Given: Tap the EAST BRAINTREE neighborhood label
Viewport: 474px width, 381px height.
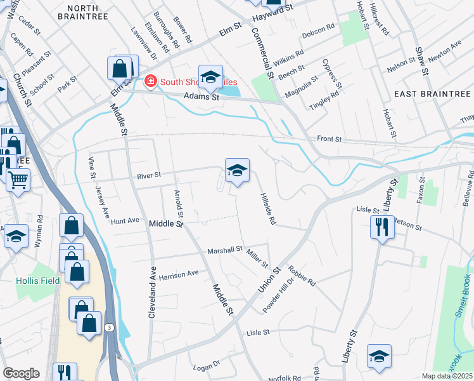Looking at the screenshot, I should click(432, 94).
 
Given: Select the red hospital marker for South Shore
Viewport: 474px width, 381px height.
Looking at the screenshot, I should click(151, 81).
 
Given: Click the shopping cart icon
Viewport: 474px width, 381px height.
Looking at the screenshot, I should click(18, 180).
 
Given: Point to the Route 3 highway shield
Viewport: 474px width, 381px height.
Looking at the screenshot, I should click(110, 327).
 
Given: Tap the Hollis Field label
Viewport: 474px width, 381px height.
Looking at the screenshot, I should click(38, 280).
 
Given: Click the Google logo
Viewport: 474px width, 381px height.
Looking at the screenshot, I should click(21, 373).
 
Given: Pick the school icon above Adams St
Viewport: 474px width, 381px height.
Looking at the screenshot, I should click(211, 77).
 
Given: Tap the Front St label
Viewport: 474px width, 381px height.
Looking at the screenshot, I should click(329, 138).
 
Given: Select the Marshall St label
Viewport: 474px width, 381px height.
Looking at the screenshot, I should click(225, 250).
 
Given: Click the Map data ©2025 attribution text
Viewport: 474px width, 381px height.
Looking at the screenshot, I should click(447, 376).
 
